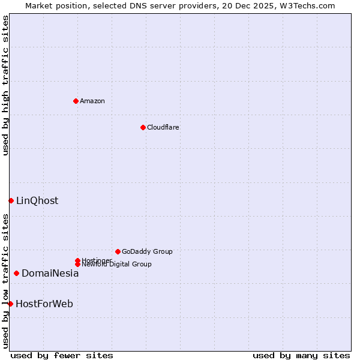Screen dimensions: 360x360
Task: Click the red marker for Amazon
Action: click(76, 101)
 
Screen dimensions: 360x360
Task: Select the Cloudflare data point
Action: click(143, 127)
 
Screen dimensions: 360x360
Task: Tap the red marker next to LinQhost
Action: click(11, 200)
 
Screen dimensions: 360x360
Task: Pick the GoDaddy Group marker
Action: click(118, 251)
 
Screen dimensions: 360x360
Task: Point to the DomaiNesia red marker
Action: click(16, 273)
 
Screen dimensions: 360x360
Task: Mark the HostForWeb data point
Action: click(10, 304)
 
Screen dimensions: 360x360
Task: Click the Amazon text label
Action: click(92, 101)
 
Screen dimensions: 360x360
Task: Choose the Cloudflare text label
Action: click(163, 127)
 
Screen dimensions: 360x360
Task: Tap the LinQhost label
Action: click(37, 201)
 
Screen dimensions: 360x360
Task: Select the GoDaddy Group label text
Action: click(147, 251)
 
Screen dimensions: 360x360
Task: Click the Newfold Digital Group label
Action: click(116, 265)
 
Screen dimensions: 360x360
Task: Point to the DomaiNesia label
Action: click(50, 274)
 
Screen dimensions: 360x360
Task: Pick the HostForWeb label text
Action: click(44, 304)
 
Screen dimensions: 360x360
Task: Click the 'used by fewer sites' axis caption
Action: click(62, 355)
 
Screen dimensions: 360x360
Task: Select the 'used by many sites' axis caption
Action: click(301, 355)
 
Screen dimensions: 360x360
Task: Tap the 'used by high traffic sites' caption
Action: click(5, 85)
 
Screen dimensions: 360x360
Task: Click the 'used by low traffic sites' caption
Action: click(5, 281)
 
